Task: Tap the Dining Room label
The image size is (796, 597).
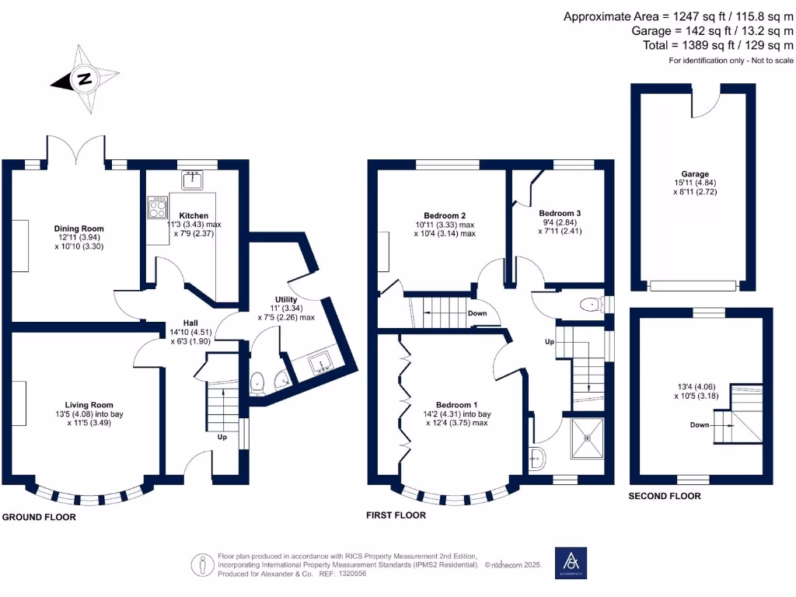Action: pos(78,228)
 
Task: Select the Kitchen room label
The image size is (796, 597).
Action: pos(194,215)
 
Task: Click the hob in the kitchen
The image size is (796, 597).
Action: pos(157,208)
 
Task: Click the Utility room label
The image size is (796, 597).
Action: pos(286,299)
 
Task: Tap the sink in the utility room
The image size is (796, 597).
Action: pos(319,363)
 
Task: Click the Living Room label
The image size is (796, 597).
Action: pos(89,404)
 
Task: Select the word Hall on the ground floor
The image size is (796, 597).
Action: pos(191,323)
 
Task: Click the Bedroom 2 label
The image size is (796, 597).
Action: pos(445,215)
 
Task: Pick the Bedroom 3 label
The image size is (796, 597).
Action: pos(560,212)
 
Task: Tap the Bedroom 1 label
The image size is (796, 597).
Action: pos(456,405)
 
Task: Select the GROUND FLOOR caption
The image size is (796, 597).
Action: pos(39,517)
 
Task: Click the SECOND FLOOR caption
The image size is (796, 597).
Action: pos(665,496)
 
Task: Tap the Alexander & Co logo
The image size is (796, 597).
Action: pos(571,563)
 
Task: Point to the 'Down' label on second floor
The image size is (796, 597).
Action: pos(700,425)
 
